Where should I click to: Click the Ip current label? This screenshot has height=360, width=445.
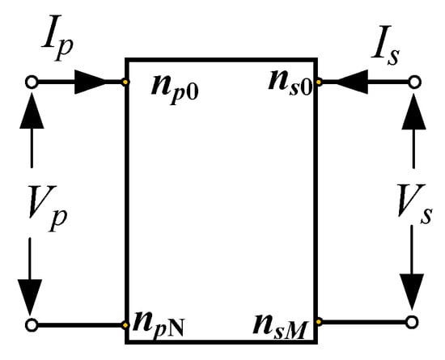pos(57,40)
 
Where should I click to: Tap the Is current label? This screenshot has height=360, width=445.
pos(386,45)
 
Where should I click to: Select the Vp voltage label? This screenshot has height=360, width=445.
pos(48,209)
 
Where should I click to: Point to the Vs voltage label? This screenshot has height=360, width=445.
pos(414,204)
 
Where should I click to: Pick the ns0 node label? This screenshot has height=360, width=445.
pos(290,83)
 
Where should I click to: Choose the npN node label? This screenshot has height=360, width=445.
pos(159,325)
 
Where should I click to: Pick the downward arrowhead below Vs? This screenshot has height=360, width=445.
pos(412,291)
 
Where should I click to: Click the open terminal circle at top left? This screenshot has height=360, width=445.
pos(32,83)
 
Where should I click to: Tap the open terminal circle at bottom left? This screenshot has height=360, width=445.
pos(32,325)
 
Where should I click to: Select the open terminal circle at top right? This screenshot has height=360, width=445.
pos(414,82)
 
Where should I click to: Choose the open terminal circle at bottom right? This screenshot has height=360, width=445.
pos(412,322)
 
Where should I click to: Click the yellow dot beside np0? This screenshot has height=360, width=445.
pos(125,83)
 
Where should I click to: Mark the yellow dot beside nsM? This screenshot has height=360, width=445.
pos(319,322)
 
